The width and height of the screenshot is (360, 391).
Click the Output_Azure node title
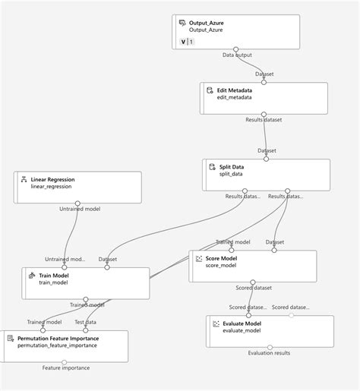(207, 23)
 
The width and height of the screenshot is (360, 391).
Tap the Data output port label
(238, 55)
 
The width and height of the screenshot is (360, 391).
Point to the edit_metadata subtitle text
(235, 98)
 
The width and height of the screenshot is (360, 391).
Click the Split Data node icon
(211, 166)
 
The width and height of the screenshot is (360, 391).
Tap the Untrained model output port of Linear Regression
(78, 203)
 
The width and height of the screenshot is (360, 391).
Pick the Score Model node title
(221, 258)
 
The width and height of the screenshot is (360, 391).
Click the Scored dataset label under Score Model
(253, 289)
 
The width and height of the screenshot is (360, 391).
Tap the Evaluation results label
(269, 352)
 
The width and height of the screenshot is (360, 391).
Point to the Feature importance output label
(65, 368)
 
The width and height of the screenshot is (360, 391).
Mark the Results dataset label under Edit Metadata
(264, 120)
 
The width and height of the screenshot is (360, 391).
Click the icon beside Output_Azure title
(182, 23)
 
